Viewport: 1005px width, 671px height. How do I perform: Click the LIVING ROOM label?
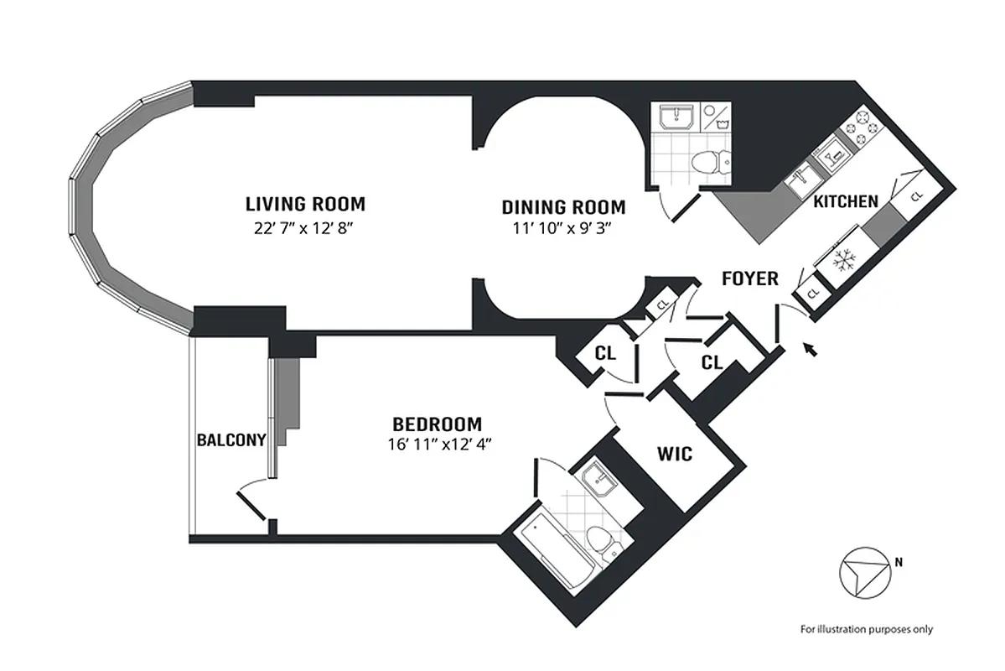pyautogui.click(x=305, y=204)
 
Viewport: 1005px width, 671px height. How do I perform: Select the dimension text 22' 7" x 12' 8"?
pyautogui.click(x=305, y=227)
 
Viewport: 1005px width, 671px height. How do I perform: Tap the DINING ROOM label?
pyautogui.click(x=563, y=207)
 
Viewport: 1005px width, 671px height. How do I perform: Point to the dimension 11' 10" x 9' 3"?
pyautogui.click(x=563, y=230)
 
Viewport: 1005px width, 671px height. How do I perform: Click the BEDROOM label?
pyautogui.click(x=438, y=424)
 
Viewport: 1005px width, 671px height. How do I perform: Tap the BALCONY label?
pyautogui.click(x=232, y=440)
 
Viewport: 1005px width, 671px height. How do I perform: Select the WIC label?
pyautogui.click(x=675, y=455)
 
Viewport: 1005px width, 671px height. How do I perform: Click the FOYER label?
pyautogui.click(x=750, y=278)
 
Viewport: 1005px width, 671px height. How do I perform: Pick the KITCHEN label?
pyautogui.click(x=846, y=201)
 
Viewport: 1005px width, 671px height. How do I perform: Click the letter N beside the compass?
pyautogui.click(x=899, y=563)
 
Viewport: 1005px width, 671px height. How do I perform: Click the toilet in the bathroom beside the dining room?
pyautogui.click(x=710, y=159)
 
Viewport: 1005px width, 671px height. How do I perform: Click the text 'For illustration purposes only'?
pyautogui.click(x=866, y=629)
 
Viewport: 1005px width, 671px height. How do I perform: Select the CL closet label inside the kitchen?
pyautogui.click(x=915, y=195)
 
